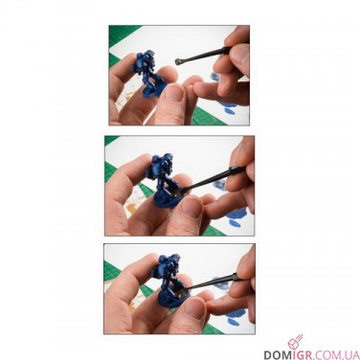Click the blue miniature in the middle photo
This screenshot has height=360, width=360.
[x=163, y=179]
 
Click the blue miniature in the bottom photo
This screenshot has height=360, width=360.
[x=168, y=280]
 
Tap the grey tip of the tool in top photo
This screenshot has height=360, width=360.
[x=178, y=61]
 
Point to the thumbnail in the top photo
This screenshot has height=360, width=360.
[x=174, y=93]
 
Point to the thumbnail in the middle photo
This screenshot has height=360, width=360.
[x=191, y=207]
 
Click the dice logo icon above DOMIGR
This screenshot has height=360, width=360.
[x=294, y=342]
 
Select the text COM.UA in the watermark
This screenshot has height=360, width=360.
[x=332, y=355]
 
